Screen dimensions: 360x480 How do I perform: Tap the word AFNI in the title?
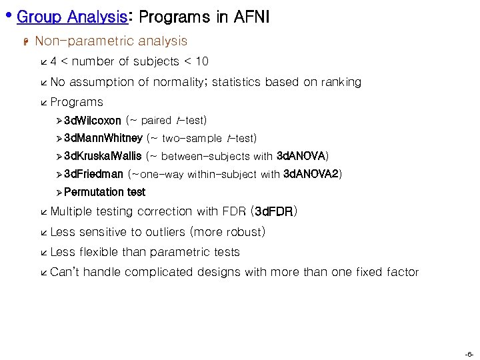point(251,17)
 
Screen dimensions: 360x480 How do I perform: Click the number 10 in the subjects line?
point(201,62)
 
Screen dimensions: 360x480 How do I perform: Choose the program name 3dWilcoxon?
point(93,121)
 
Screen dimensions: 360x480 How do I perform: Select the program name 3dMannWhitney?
point(103,139)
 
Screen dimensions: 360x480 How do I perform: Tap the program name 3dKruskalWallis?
point(103,157)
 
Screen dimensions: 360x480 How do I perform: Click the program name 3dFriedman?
point(94,175)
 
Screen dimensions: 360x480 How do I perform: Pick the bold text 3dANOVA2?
point(311,175)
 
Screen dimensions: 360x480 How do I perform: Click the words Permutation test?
point(105,193)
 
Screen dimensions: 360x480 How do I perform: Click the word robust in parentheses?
point(243,233)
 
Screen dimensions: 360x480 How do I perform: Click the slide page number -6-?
point(469,353)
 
